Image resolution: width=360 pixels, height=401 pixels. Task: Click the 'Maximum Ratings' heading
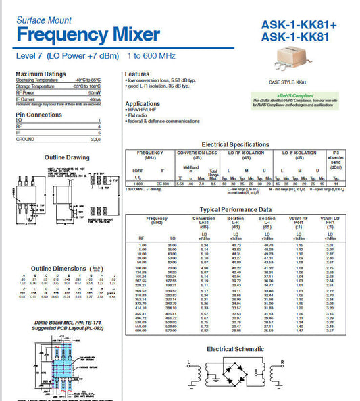41,74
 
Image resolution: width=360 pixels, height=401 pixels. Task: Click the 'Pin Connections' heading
38,115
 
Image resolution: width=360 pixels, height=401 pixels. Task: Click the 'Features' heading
137,74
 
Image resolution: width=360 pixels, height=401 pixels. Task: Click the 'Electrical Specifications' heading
235,144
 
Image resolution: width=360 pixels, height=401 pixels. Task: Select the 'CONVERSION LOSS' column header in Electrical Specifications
197,153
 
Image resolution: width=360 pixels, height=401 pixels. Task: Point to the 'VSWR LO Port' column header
330,222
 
